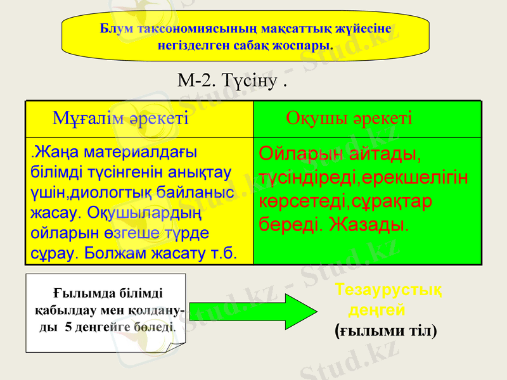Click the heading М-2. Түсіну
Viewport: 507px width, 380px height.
[x=232, y=80]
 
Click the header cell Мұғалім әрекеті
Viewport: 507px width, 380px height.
[x=120, y=118]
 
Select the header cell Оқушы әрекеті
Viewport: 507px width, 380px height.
[x=349, y=118]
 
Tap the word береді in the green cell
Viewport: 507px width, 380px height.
[x=292, y=225]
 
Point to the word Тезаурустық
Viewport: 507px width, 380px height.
[x=388, y=290]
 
